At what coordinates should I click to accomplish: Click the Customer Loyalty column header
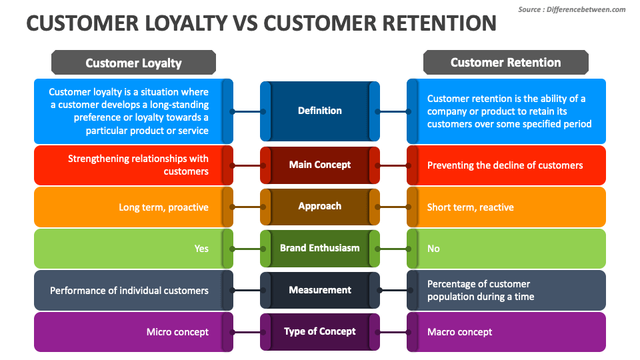click(x=133, y=63)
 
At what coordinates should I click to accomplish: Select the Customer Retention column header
click(x=506, y=62)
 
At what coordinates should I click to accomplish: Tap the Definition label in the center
click(x=320, y=111)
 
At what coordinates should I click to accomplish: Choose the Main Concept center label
click(x=320, y=165)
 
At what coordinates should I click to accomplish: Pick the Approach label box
click(x=320, y=206)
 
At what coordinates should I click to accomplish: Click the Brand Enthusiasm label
click(x=320, y=248)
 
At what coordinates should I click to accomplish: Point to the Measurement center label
click(x=320, y=290)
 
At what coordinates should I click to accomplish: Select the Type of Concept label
click(x=320, y=331)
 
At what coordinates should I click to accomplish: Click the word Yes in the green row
click(x=201, y=249)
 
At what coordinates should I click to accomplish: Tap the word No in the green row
click(x=433, y=249)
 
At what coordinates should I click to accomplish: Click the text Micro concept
click(x=177, y=332)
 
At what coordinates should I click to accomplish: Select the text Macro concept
click(x=459, y=332)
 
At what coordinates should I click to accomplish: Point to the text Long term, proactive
click(x=164, y=207)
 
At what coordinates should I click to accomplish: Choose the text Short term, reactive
click(x=471, y=207)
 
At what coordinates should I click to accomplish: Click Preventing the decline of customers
click(x=505, y=165)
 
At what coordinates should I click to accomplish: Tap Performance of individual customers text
click(x=129, y=291)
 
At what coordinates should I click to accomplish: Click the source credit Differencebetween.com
click(x=586, y=9)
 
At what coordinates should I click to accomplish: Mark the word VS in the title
click(x=246, y=23)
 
